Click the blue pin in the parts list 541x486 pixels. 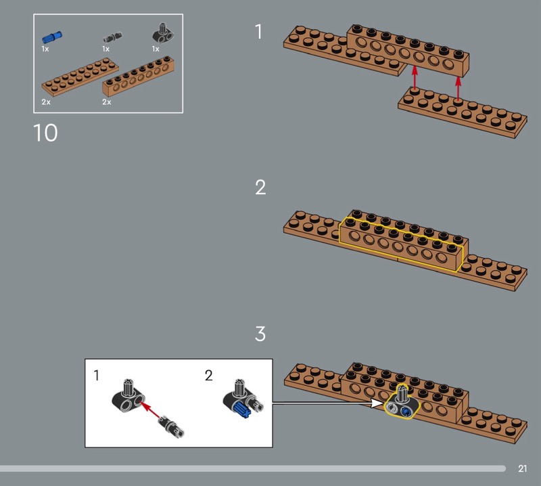click(52, 37)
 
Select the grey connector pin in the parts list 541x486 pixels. click(113, 37)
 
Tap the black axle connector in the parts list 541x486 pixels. click(163, 33)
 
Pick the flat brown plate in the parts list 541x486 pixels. click(80, 77)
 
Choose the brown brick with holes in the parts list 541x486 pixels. click(139, 76)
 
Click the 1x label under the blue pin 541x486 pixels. click(45, 49)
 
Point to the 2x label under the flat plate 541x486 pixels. click(46, 102)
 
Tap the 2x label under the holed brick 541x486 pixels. click(107, 102)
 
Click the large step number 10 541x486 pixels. click(45, 133)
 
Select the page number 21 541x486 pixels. click(522, 468)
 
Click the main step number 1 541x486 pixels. click(259, 32)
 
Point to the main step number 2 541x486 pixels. click(260, 187)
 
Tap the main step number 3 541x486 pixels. click(260, 334)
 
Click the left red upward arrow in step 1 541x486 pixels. click(415, 78)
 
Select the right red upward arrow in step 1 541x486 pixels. click(458, 88)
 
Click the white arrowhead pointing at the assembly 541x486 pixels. click(377, 403)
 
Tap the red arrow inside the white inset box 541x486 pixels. click(151, 410)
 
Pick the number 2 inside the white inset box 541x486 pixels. click(209, 376)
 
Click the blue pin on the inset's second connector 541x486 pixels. click(242, 410)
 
